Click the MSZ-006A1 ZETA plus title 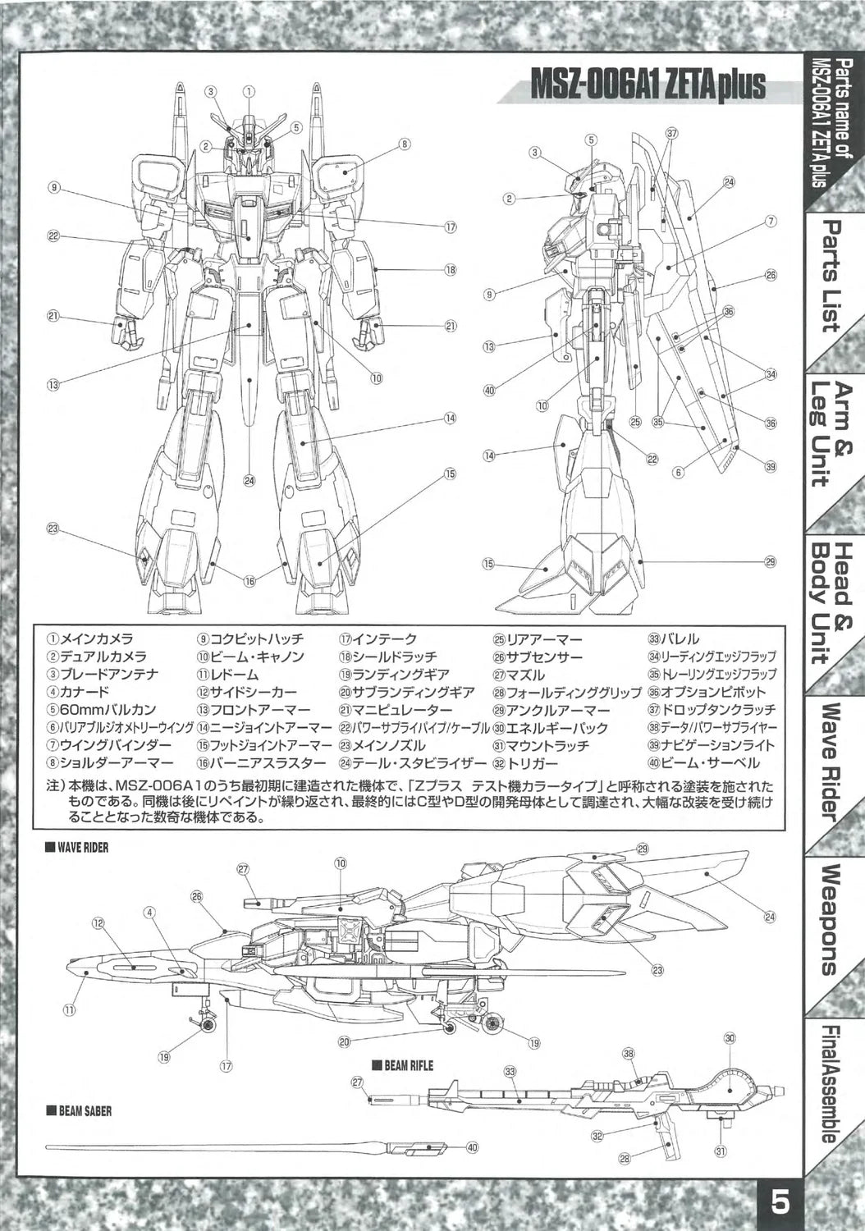point(648,85)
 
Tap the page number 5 point(780,1204)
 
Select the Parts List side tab point(830,276)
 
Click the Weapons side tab point(830,919)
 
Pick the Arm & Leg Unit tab point(830,434)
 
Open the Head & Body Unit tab point(830,602)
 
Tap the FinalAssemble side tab point(830,1082)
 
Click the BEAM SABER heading point(80,1111)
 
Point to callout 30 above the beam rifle point(730,1038)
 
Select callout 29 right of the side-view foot point(770,562)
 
